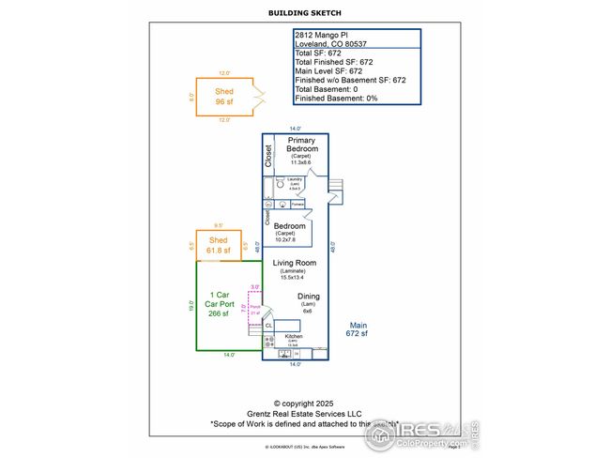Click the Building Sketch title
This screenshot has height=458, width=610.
coord(304,14)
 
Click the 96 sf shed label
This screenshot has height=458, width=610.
coord(223,97)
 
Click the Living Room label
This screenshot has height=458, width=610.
coord(295,264)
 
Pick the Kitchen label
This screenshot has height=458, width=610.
coord(294,336)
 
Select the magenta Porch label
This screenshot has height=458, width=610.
coord(254,308)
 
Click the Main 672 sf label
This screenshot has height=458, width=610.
coord(358,328)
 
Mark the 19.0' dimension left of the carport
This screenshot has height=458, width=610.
coord(191,306)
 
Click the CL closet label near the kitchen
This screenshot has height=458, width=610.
coord(268,325)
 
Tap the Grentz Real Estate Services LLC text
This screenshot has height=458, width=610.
coord(303,413)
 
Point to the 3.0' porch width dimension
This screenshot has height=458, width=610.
coord(254,287)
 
